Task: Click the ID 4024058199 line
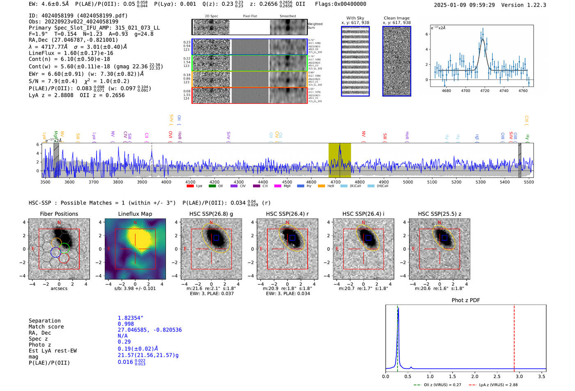pyautogui.click(x=78, y=16)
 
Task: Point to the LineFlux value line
pyautogui.click(x=71, y=53)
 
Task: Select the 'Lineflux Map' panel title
pyautogui.click(x=135, y=214)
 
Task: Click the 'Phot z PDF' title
pyautogui.click(x=466, y=300)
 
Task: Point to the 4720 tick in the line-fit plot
pyautogui.click(x=485, y=91)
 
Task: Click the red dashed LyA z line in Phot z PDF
pyautogui.click(x=514, y=336)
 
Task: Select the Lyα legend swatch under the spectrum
pyautogui.click(x=190, y=186)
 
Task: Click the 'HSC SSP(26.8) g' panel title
pyautogui.click(x=211, y=214)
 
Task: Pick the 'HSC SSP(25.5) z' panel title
pyautogui.click(x=439, y=214)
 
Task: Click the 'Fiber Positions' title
pyautogui.click(x=59, y=214)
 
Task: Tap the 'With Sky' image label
pyautogui.click(x=355, y=18)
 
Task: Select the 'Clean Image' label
pyautogui.click(x=396, y=18)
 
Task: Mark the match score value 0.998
pyautogui.click(x=126, y=324)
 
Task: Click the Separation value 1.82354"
pyautogui.click(x=131, y=318)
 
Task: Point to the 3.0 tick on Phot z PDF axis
pyautogui.click(x=519, y=376)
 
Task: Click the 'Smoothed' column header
pyautogui.click(x=287, y=16)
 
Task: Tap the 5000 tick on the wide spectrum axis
pyautogui.click(x=408, y=182)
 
